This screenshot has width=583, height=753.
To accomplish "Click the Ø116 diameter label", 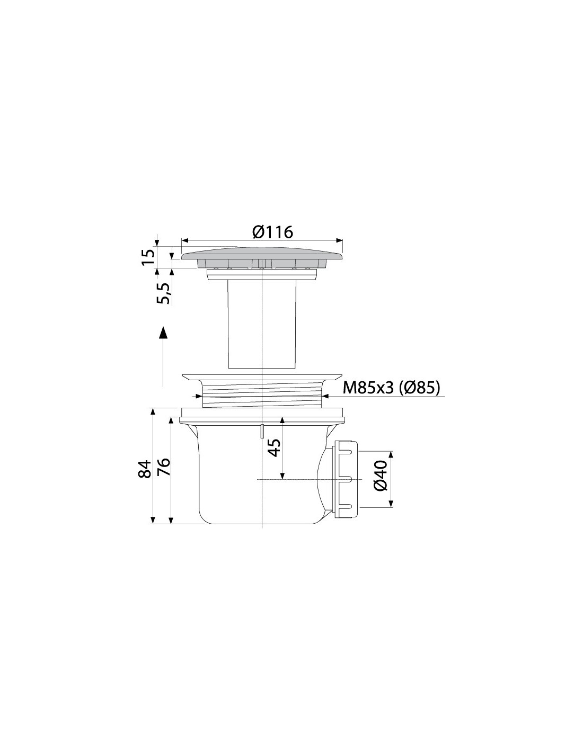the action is coord(272,232).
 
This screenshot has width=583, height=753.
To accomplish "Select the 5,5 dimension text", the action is coord(163,293).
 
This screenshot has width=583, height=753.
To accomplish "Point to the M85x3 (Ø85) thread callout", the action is coord(391,388).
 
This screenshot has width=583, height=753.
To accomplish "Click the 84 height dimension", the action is coord(145,469).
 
